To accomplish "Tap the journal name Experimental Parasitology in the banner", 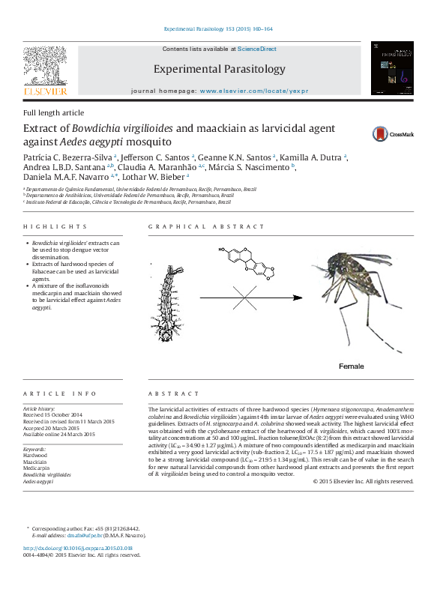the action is coord(220,69).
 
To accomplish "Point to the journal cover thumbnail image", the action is coord(392,68).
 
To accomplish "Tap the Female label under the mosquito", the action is coord(351,366).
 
